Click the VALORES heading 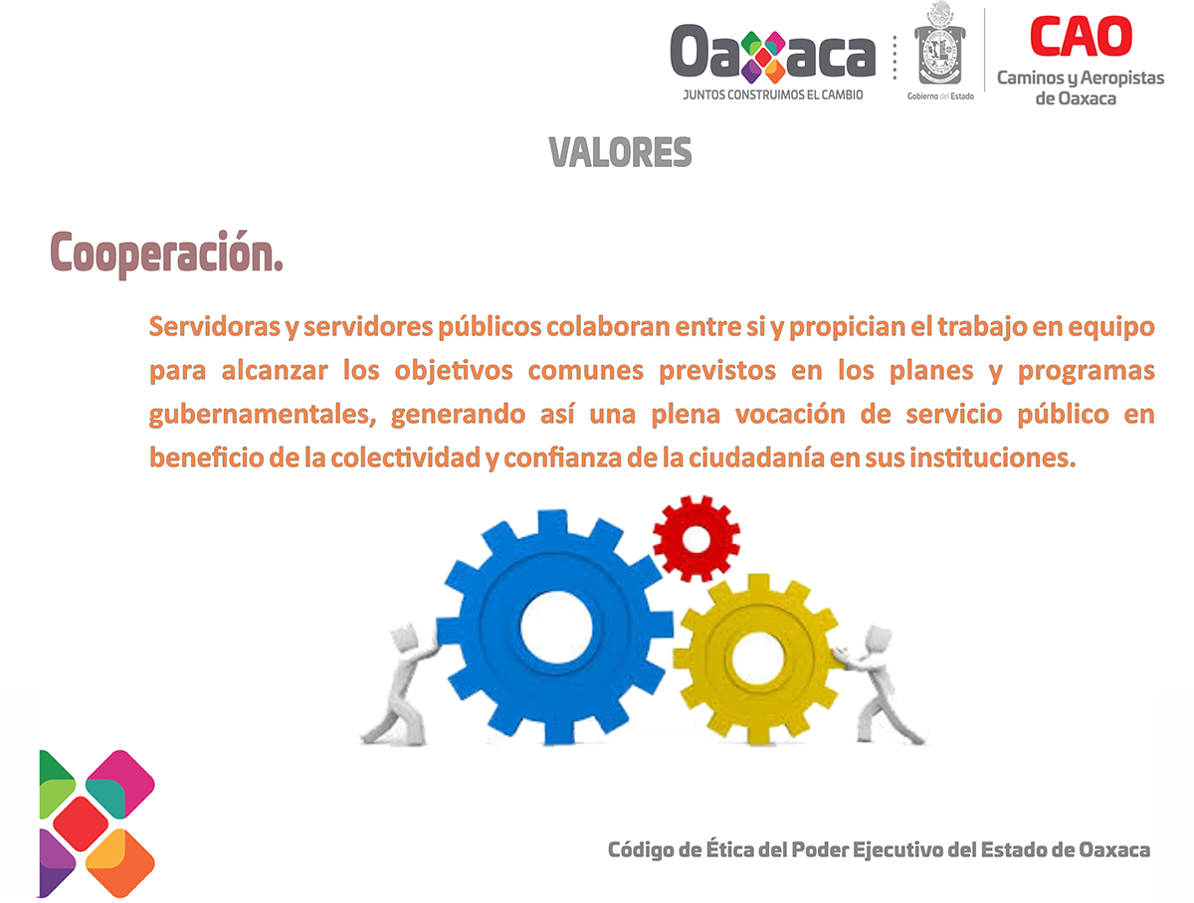[620, 152]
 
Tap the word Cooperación [166, 254]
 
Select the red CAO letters [1081, 37]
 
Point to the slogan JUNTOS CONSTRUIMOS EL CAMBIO [772, 95]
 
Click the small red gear [696, 539]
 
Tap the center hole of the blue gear [556, 628]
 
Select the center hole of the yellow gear [757, 659]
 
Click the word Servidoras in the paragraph [215, 327]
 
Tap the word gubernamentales [263, 416]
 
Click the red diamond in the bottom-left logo [81, 823]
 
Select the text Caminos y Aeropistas [1081, 79]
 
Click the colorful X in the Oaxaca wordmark [763, 57]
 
